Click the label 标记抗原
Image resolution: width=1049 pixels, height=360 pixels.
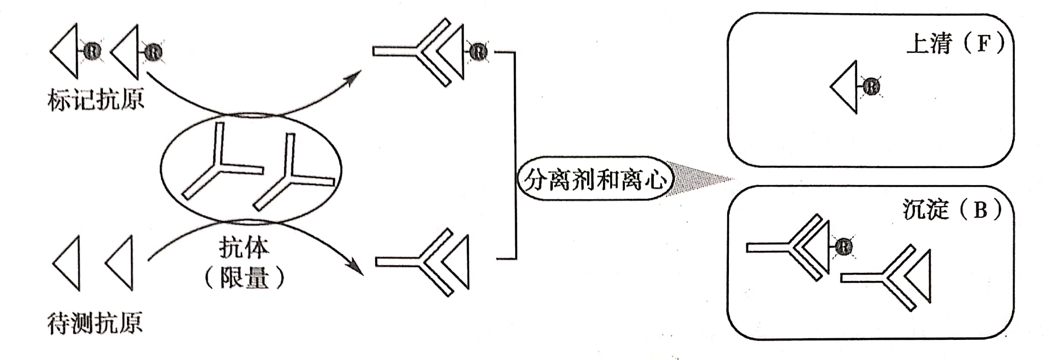pos(96,100)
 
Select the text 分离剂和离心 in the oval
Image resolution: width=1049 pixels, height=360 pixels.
pos(595,179)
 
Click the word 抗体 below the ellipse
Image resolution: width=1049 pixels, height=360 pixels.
pos(244,248)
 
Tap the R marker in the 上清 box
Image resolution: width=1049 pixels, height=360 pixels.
pos(871,87)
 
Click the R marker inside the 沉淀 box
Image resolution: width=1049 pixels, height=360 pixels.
pos(843,247)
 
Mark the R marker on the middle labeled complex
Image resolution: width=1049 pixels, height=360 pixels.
pos(479,52)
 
